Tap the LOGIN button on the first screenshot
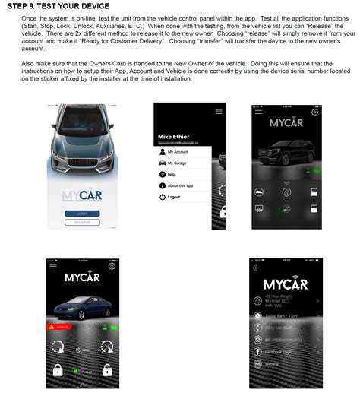point(82,214)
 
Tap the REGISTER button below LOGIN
point(82,223)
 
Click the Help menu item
point(171,174)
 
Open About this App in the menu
point(179,185)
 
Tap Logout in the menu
point(173,197)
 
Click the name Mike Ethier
point(173,137)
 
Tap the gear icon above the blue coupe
point(112,266)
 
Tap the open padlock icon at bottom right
point(106,370)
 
